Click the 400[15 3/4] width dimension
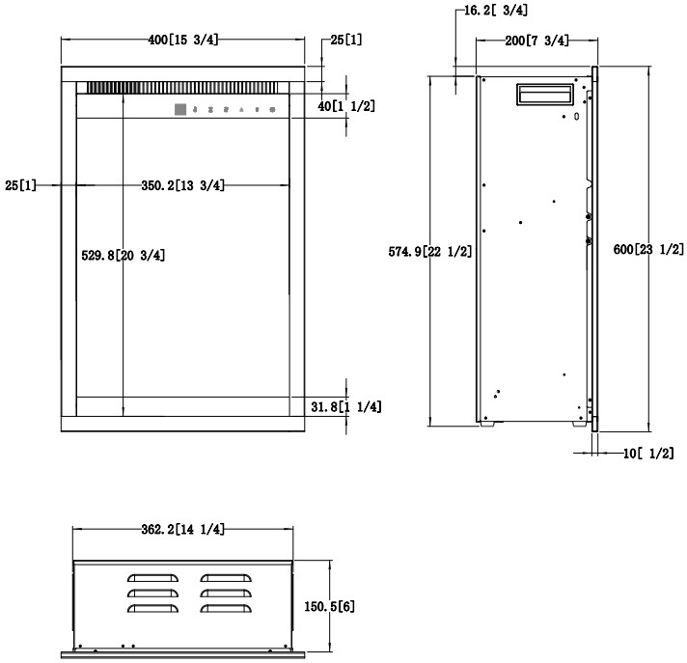[182, 40]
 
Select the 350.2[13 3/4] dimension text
[182, 185]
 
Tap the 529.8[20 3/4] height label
[124, 255]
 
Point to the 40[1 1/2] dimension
[346, 106]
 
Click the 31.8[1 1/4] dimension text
[346, 407]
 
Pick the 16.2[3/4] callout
[496, 10]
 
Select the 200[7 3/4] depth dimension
[536, 41]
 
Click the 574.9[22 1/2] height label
[430, 252]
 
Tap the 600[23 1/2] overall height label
[648, 249]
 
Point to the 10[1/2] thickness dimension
[648, 454]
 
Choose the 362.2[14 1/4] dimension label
[182, 530]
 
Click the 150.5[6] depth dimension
[329, 606]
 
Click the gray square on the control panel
[180, 110]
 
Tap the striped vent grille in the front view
[182, 88]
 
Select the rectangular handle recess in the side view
[545, 95]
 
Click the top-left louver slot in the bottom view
[152, 578]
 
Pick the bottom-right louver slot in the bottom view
[226, 609]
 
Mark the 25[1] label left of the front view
[20, 185]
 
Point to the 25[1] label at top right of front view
[346, 40]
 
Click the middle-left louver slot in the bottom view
[152, 594]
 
